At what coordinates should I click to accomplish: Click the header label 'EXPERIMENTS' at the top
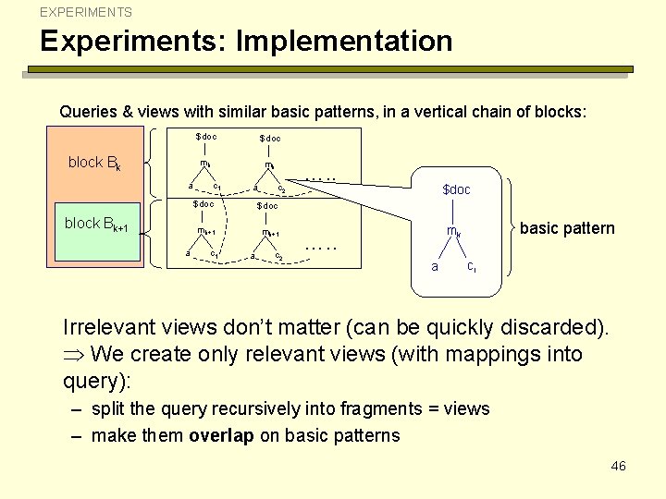[x=86, y=13]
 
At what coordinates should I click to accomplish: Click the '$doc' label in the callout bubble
[x=456, y=189]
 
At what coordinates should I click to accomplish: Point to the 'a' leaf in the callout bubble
[x=435, y=267]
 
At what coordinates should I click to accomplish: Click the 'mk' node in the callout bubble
[x=453, y=232]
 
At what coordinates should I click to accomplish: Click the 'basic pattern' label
[x=567, y=228]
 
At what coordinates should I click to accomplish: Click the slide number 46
[x=618, y=466]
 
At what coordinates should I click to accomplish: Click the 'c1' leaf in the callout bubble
[x=472, y=267]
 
